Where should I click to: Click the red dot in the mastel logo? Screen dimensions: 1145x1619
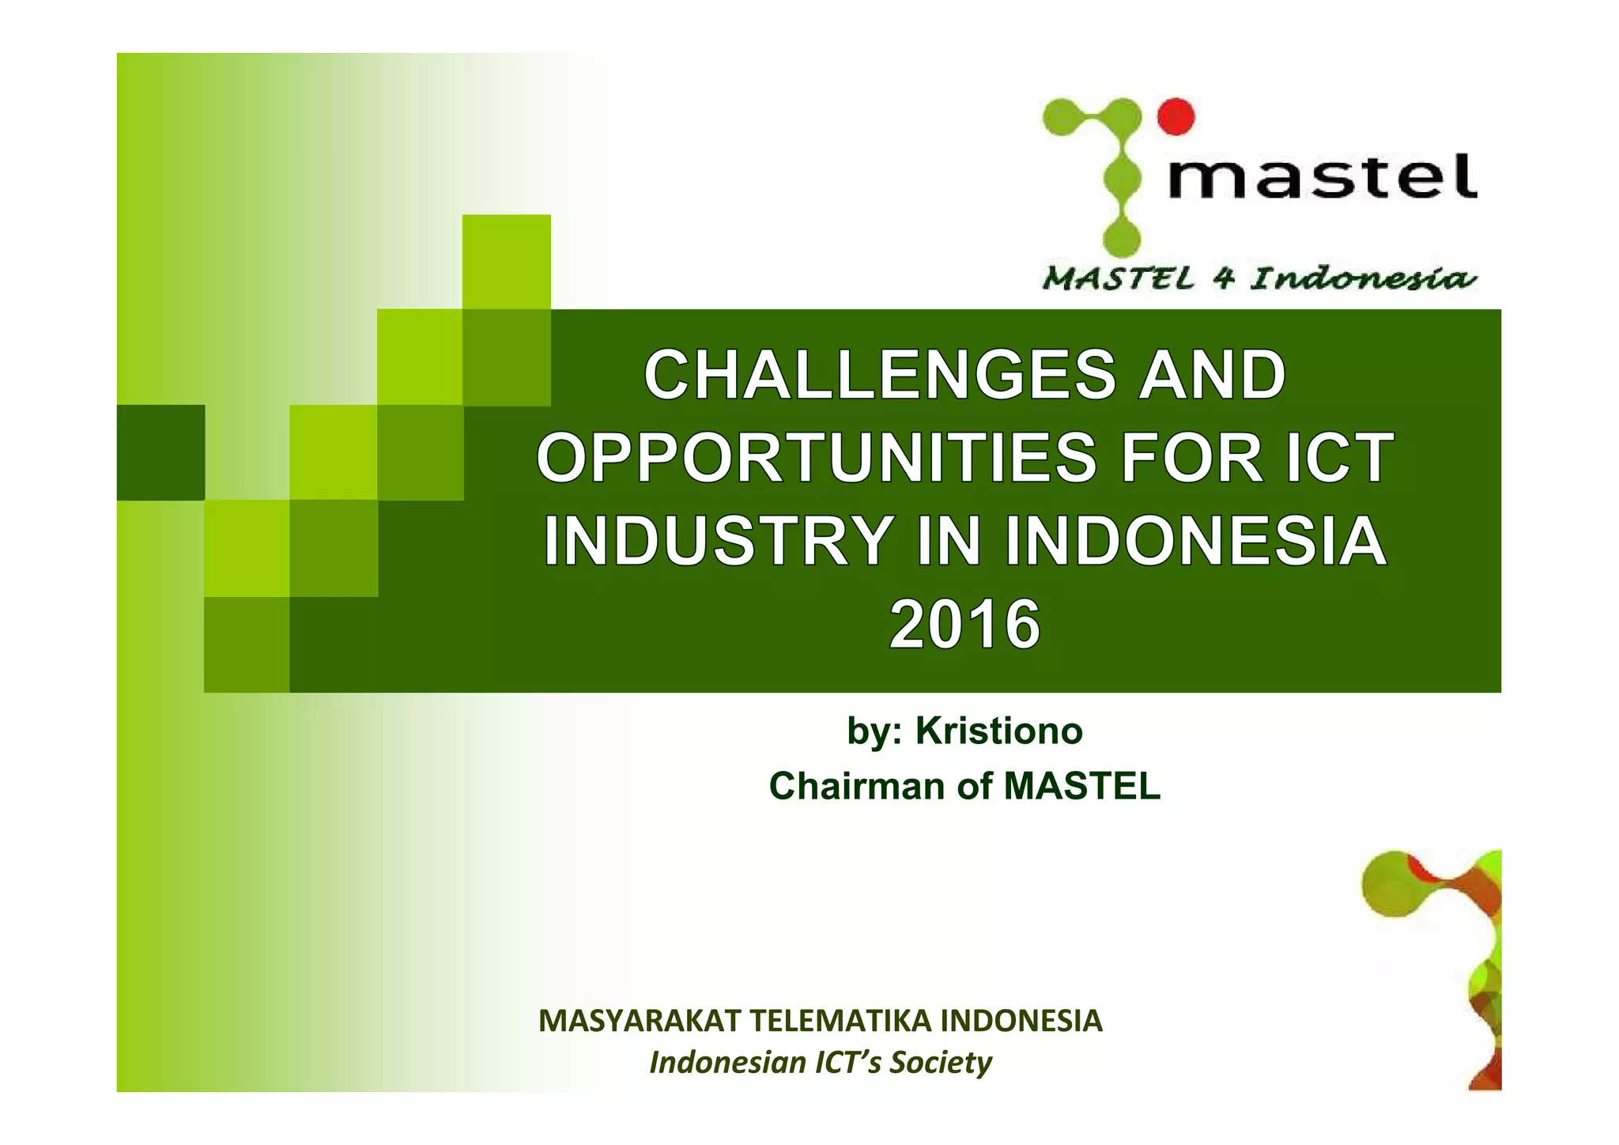(1176, 116)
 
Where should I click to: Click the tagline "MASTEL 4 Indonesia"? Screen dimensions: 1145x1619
(1259, 279)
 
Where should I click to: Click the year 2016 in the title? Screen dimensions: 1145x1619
(964, 625)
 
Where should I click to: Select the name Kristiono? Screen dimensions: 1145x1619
(998, 731)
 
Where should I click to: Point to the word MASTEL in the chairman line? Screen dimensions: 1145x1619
(1081, 787)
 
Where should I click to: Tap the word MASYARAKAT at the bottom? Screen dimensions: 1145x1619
(640, 1021)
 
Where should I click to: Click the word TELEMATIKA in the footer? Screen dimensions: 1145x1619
(840, 1021)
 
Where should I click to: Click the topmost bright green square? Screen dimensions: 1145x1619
(506, 262)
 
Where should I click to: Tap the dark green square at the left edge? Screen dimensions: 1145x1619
(160, 452)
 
